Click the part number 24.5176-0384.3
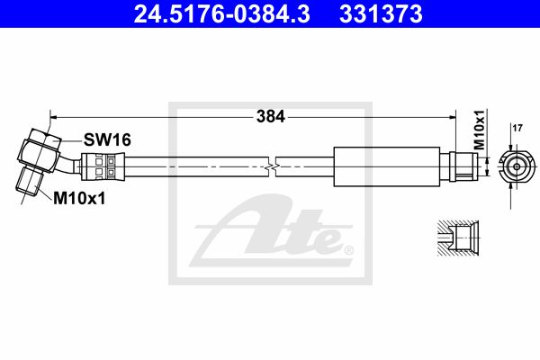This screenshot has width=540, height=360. tap(221, 14)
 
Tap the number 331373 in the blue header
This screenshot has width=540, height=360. tap(381, 14)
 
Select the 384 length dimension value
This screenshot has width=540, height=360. tap(271, 116)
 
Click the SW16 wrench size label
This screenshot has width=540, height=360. tap(107, 139)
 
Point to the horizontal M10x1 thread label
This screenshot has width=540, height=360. tap(79, 198)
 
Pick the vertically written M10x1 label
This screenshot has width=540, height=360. tap(479, 130)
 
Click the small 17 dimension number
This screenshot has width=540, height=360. tap(517, 129)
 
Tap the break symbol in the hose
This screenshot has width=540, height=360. tap(272, 166)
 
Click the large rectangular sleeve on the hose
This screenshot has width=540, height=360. tap(387, 166)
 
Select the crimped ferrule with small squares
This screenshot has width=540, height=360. tap(103, 166)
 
